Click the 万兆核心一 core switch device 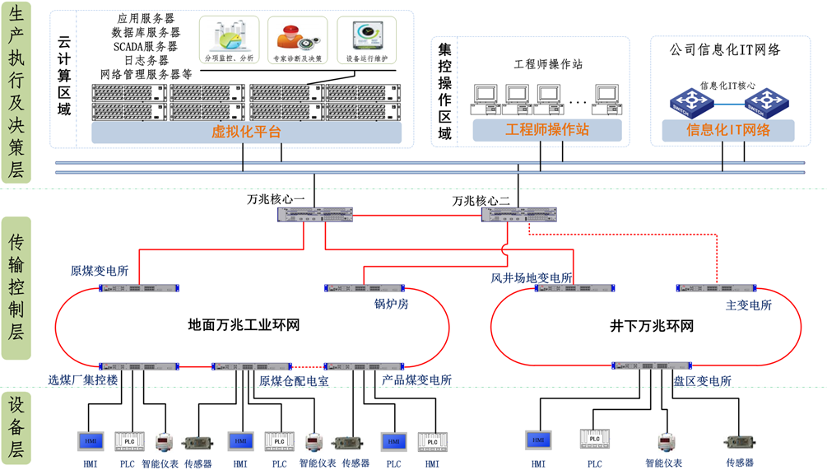(x=315, y=215)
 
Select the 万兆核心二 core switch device (x=518, y=215)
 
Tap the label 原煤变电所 (x=100, y=271)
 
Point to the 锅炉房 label (x=391, y=304)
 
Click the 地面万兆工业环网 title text (x=244, y=325)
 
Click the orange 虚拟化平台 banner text (x=246, y=132)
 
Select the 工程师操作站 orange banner (x=546, y=130)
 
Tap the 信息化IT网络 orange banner (x=728, y=130)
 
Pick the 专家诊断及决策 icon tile (x=297, y=41)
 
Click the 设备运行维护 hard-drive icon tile (x=366, y=41)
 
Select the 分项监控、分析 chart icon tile (x=229, y=41)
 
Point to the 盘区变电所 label (x=702, y=381)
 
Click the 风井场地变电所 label (x=532, y=278)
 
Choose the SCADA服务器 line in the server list (x=146, y=46)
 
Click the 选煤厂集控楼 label (x=82, y=380)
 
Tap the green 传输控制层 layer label (x=16, y=287)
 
